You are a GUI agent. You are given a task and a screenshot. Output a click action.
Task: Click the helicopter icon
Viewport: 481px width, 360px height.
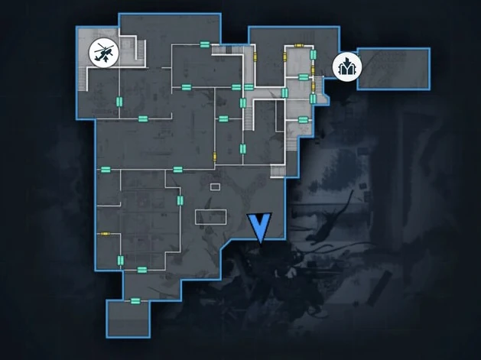tap(103, 52)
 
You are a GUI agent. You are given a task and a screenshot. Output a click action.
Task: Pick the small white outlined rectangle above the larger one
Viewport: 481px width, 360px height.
tap(215, 186)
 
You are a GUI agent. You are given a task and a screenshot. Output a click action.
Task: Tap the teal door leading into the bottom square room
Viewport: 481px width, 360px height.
tap(135, 301)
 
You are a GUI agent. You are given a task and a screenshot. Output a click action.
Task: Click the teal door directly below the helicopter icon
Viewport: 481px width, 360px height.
tap(119, 100)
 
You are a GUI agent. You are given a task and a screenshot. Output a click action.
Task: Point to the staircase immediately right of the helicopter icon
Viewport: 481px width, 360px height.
tap(139, 51)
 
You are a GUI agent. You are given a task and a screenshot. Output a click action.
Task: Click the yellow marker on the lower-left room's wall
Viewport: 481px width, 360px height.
tap(104, 232)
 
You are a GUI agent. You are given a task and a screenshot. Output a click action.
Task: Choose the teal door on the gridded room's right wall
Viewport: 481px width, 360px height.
tap(180, 199)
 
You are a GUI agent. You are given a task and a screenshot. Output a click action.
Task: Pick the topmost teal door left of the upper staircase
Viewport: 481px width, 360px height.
tap(205, 45)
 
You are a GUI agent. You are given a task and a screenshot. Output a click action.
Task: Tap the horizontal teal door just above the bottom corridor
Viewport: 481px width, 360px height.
tap(141, 269)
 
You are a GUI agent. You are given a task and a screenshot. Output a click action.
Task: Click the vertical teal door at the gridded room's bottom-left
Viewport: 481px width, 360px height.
tap(120, 260)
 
